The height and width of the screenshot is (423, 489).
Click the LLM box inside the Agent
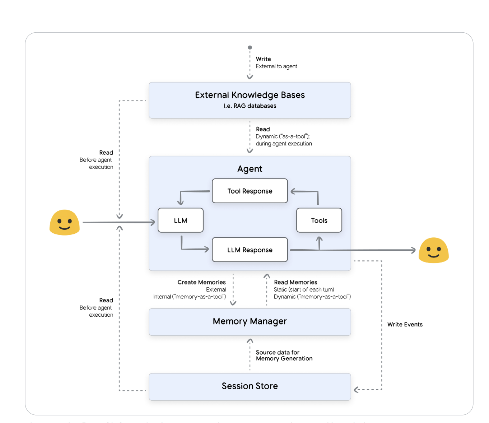pos(181,220)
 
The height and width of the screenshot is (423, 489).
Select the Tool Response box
pos(250,191)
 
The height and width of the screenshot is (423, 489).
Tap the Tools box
pos(319,220)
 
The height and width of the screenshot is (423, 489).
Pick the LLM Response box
pos(250,250)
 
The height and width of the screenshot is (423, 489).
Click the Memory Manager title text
pos(250,321)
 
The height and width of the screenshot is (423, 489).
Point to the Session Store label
pos(250,386)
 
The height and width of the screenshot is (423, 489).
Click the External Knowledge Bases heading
pos(250,95)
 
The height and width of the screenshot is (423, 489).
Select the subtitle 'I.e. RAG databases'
pos(250,106)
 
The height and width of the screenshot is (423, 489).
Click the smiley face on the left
pos(65,223)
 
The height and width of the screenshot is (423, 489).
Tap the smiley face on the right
pos(434,251)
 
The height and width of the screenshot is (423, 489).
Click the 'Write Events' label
pos(405,325)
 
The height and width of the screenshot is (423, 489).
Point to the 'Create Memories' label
pos(201,282)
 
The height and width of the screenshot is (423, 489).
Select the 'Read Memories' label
pos(295,282)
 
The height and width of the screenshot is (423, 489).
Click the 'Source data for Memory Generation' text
pos(284,355)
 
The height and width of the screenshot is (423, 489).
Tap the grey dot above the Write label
pos(250,47)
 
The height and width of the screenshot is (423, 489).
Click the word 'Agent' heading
pos(250,169)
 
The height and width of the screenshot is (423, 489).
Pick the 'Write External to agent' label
pos(276,62)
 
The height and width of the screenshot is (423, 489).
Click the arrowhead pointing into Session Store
pos(356,390)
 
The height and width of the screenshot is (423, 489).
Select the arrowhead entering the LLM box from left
pos(153,222)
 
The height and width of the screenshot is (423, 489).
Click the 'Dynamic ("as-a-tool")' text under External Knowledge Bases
pos(283,136)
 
